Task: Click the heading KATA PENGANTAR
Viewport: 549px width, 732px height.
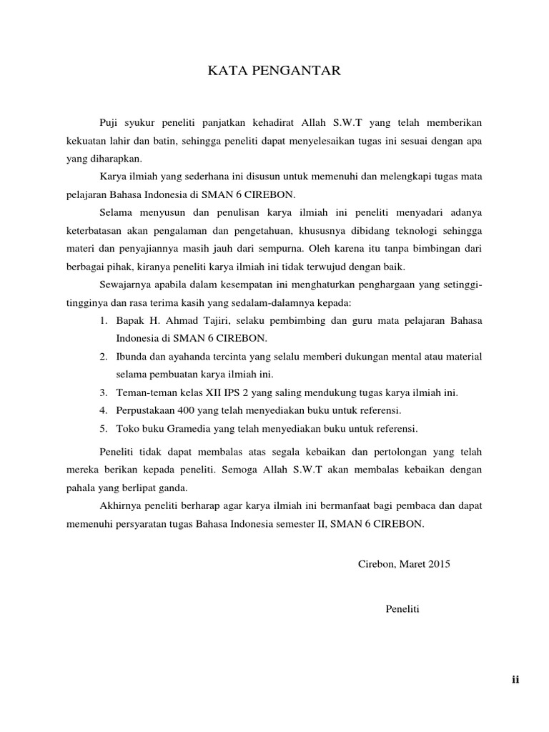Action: (274, 70)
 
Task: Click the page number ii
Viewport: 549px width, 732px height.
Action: (515, 680)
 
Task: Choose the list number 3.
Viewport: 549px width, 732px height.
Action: (104, 392)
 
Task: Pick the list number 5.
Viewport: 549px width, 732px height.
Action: (104, 429)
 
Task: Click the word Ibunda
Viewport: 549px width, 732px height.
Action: (132, 357)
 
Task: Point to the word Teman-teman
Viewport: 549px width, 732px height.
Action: (146, 392)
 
